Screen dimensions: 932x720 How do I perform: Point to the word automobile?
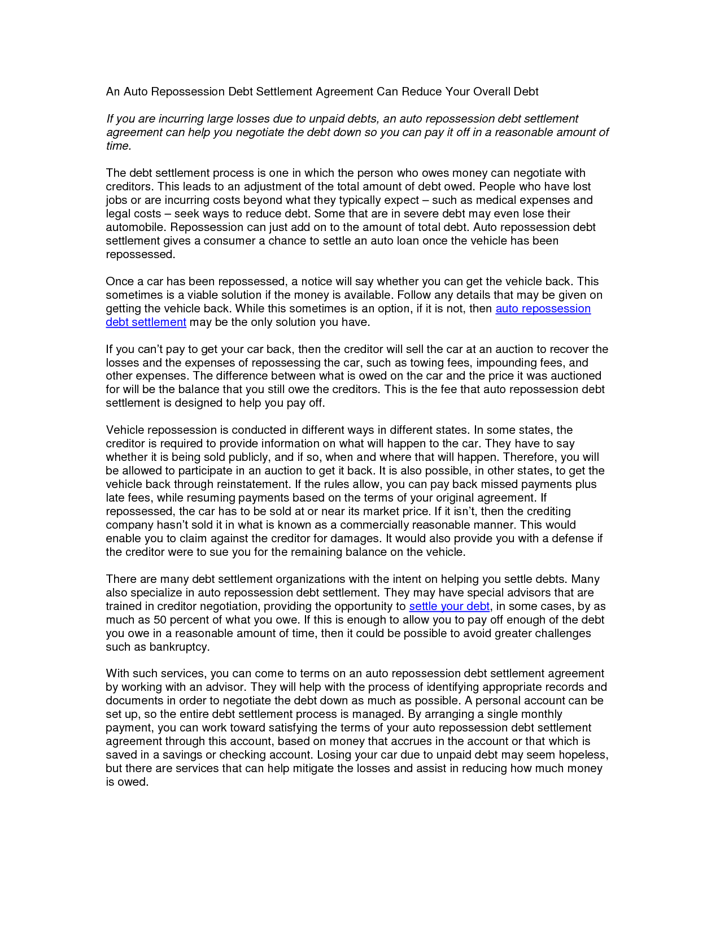136,227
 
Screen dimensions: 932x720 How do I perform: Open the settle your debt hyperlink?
449,606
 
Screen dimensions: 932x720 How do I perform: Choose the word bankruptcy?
179,647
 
